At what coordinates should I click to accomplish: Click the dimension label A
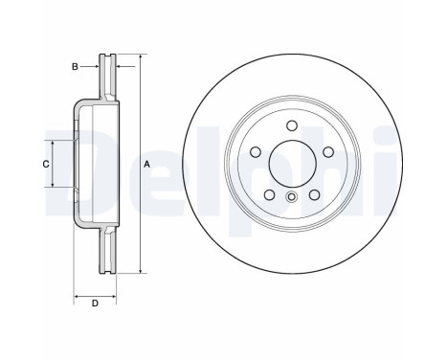[146, 165]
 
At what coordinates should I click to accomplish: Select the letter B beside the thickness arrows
[75, 67]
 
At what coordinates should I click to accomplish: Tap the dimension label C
[46, 165]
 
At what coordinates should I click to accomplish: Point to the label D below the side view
[95, 304]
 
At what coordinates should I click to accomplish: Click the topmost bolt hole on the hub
[292, 125]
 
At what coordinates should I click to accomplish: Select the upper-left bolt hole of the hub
[256, 152]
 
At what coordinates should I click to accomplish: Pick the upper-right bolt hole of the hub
[328, 152]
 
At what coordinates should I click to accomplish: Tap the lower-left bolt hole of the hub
[270, 194]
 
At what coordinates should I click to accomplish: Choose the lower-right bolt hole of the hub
[314, 194]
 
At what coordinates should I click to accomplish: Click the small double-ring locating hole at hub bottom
[292, 197]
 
